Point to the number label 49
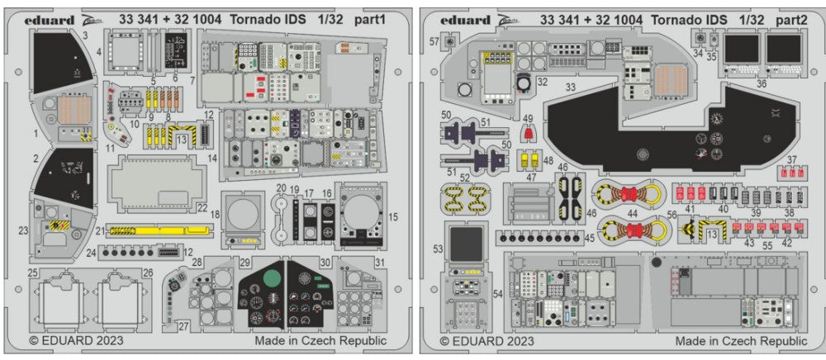click(529, 119)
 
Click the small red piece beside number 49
click(529, 133)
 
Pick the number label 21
click(100, 231)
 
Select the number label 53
click(438, 249)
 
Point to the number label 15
click(393, 216)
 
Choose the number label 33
click(570, 86)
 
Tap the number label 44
click(633, 213)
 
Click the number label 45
click(589, 239)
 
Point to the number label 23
click(23, 231)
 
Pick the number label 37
click(791, 159)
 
